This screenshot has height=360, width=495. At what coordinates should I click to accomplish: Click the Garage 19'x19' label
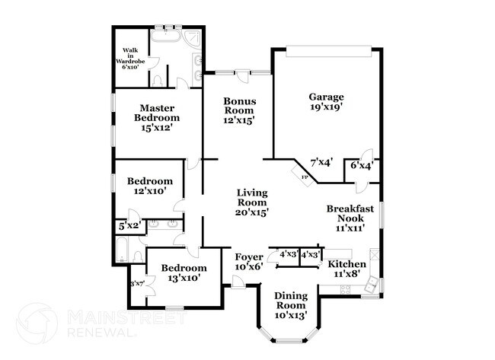tap(326, 102)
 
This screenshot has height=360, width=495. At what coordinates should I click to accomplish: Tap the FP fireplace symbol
tap(305, 177)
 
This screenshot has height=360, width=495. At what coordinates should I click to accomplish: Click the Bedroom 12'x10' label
tap(150, 186)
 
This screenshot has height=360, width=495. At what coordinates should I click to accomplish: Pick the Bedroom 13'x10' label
tap(184, 273)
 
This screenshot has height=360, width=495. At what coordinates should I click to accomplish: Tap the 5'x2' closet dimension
tap(126, 226)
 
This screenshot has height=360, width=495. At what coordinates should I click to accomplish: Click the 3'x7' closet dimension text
tap(138, 284)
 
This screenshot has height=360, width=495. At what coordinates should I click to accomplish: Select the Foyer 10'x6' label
tap(248, 262)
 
